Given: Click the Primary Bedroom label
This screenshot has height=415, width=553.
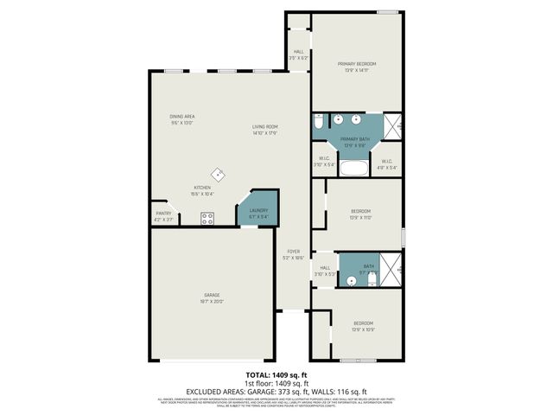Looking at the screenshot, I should coord(356,64).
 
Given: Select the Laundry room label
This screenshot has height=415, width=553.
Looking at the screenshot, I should coord(259,210).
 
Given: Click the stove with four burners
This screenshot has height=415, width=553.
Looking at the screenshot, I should coord(207,219).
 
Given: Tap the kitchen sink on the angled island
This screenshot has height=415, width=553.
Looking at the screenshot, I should coord(219,174).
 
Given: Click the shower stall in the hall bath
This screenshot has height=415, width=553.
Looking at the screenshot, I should coord(392,269).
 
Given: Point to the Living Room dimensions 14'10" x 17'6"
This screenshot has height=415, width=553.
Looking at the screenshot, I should coord(264,133).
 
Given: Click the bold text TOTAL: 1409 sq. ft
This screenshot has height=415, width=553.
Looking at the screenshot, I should coord(276,374).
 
